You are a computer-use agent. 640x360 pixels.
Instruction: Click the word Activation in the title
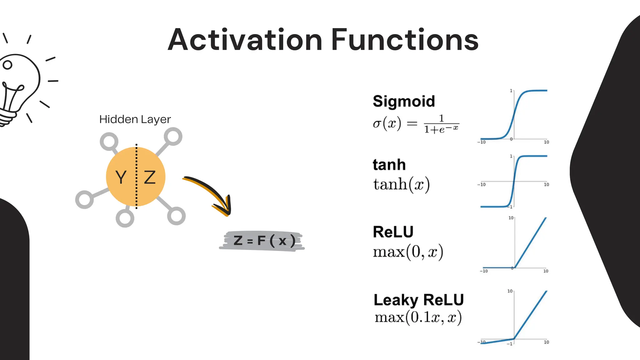[245, 40]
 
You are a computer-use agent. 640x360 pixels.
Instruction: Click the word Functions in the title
[405, 40]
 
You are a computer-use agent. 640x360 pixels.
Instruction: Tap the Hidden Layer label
[135, 119]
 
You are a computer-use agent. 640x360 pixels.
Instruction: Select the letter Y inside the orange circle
[121, 177]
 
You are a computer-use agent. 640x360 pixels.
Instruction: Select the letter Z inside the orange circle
[150, 177]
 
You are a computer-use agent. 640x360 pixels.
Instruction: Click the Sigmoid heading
[404, 101]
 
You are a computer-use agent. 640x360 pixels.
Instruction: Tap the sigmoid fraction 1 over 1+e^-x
[441, 124]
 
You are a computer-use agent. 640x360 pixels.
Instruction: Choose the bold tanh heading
[389, 165]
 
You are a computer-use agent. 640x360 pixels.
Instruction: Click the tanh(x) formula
[402, 184]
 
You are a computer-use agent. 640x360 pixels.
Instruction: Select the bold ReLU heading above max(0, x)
[393, 232]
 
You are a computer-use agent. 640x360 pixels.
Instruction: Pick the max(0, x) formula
[408, 252]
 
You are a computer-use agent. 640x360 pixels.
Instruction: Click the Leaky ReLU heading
[419, 300]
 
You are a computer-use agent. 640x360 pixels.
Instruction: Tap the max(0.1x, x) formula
[418, 317]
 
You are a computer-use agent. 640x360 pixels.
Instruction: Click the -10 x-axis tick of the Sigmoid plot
[482, 142]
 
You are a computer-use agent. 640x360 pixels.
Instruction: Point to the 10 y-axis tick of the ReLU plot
[511, 218]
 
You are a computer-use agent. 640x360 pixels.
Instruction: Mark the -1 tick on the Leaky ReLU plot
[510, 344]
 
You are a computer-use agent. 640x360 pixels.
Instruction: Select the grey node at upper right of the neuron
[173, 137]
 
